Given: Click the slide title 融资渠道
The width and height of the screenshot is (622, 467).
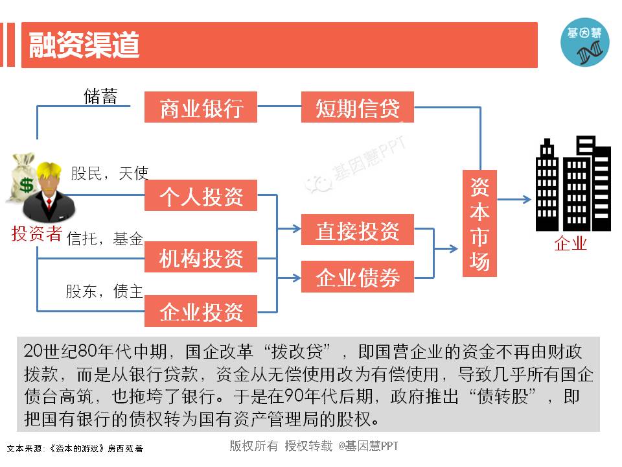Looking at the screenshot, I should (x=84, y=45).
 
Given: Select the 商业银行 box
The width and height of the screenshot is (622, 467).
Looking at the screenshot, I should (x=201, y=107).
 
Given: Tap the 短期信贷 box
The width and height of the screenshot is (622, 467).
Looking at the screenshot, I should (x=357, y=107).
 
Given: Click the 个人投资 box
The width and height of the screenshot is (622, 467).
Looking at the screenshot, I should (x=201, y=195).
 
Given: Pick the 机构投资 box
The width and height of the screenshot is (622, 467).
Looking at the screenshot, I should (x=201, y=257).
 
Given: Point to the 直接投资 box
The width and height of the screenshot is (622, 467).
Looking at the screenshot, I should (x=357, y=230).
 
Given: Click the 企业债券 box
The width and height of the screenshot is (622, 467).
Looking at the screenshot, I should (x=357, y=277).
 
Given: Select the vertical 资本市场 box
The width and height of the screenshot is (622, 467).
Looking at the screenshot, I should (x=479, y=224).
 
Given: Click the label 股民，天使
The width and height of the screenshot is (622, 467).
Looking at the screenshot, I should (x=109, y=173).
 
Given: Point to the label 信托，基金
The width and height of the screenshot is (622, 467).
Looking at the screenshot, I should (x=105, y=238).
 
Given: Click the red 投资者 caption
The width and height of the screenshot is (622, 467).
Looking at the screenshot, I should (x=36, y=233).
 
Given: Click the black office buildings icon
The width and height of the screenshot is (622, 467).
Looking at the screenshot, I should (x=573, y=184).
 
